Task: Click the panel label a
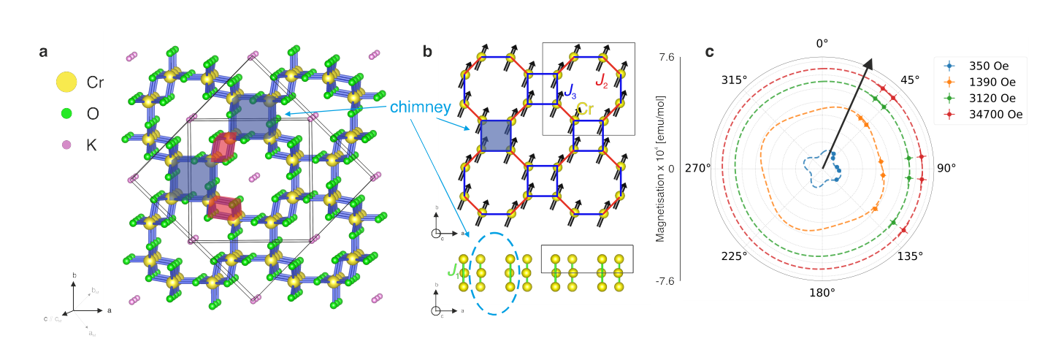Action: (x=44, y=52)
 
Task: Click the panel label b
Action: (x=427, y=52)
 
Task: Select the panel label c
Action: (x=709, y=52)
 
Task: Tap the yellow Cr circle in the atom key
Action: (x=66, y=82)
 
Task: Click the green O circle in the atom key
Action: (x=66, y=113)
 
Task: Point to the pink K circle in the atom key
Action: (x=66, y=145)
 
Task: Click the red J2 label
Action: (x=601, y=81)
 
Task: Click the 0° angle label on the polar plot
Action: (x=822, y=43)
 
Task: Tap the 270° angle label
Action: (x=697, y=168)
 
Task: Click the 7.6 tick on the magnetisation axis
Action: (x=666, y=55)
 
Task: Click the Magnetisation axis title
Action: (x=659, y=168)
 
